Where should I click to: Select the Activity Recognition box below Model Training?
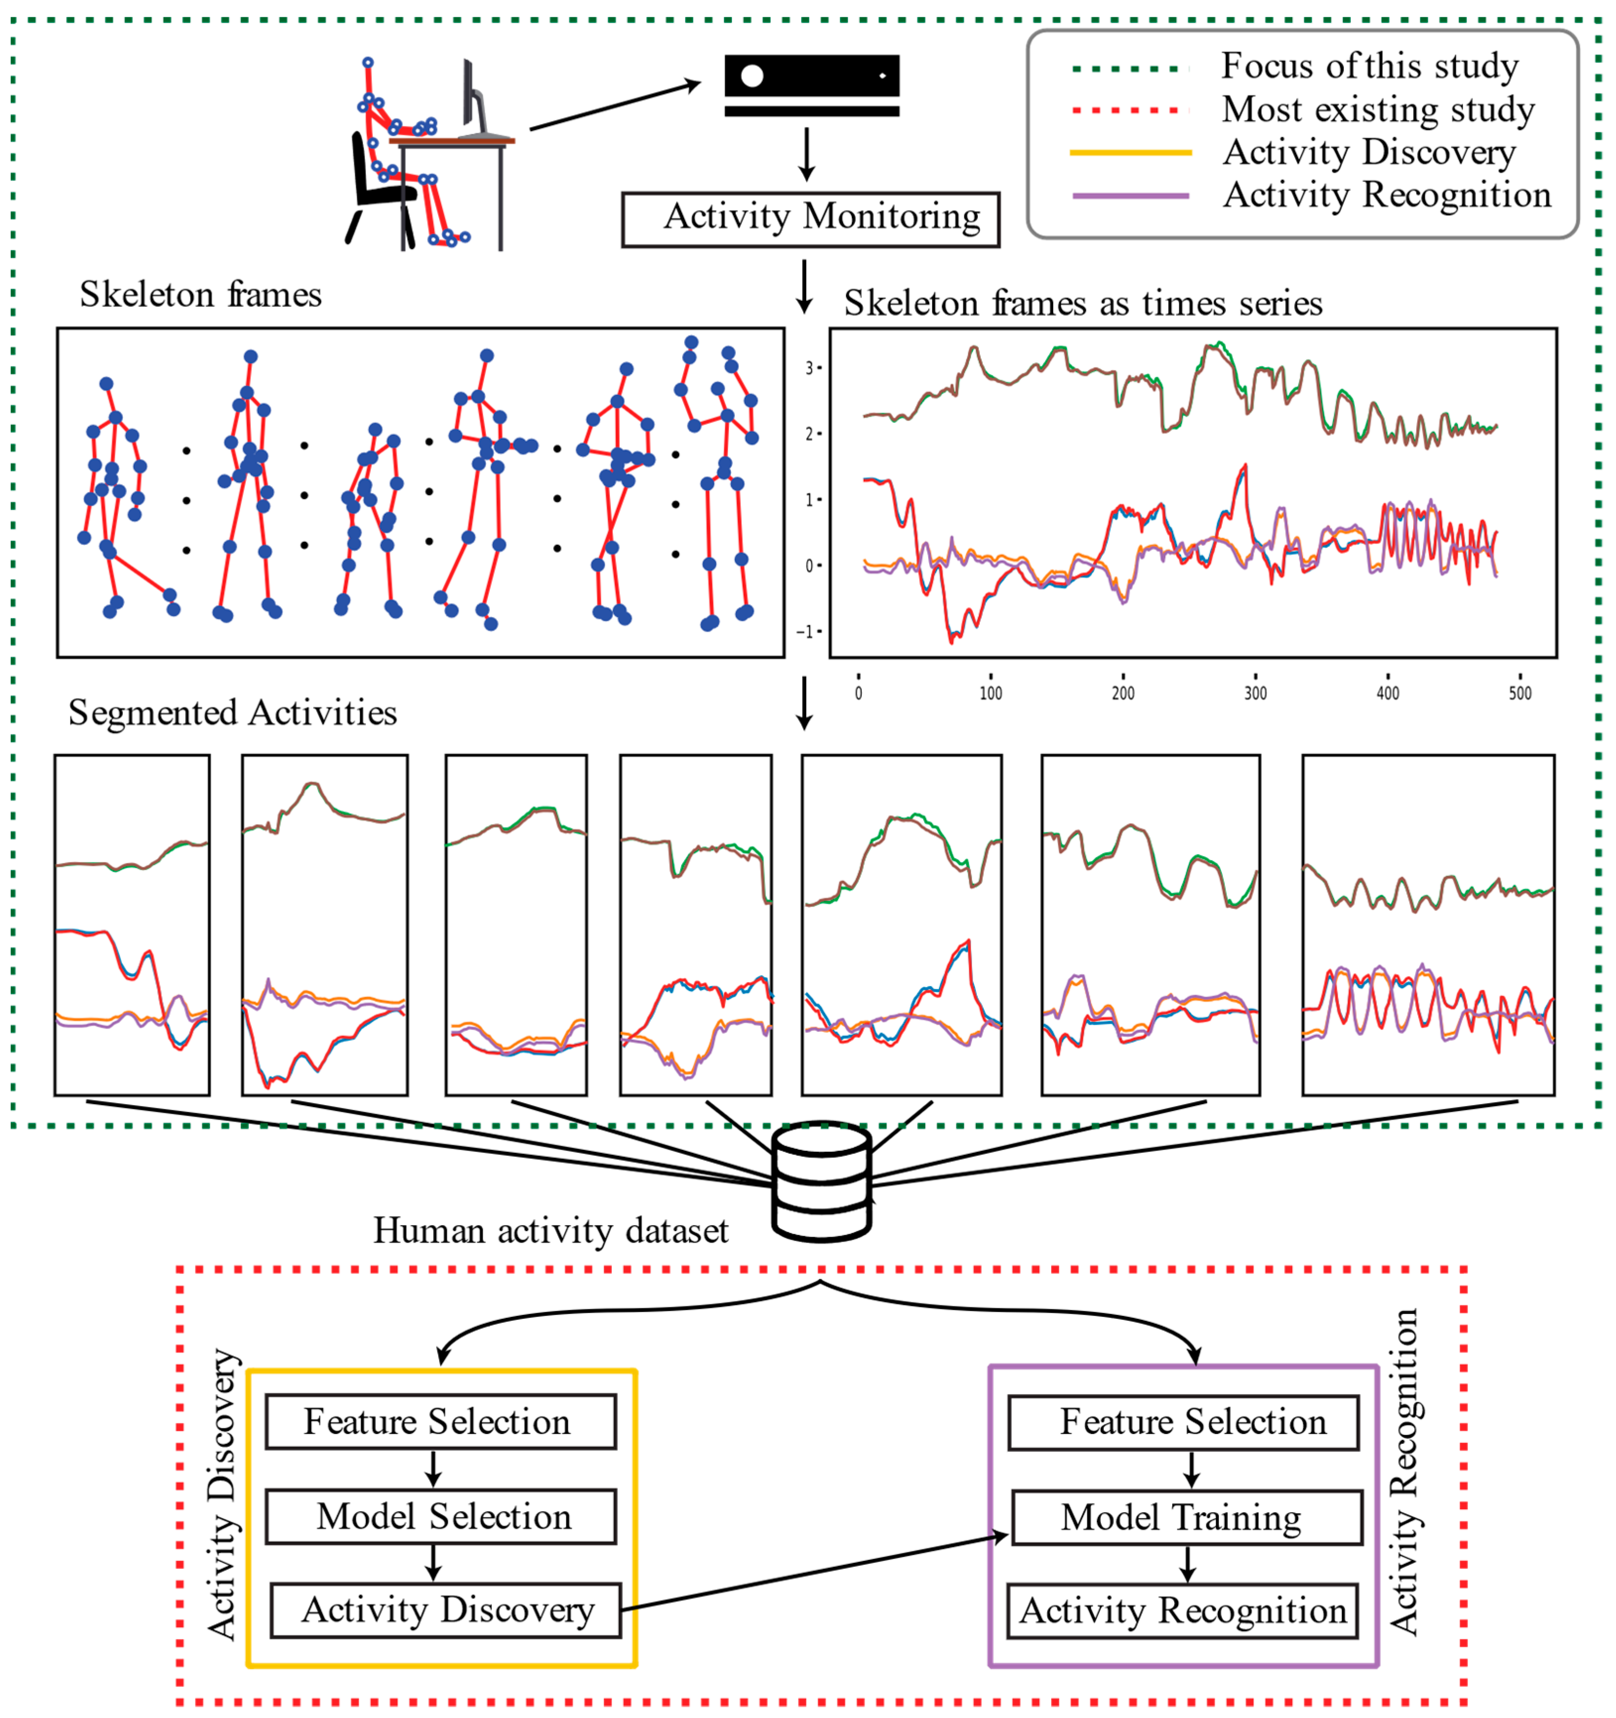coord(1182,1611)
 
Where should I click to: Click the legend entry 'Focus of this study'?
coord(1369,66)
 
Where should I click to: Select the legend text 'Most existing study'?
coord(1377,110)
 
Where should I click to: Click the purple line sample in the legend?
coord(1131,196)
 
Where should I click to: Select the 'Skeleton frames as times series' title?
coord(1083,303)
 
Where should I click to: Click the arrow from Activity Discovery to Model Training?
coord(812,1573)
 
